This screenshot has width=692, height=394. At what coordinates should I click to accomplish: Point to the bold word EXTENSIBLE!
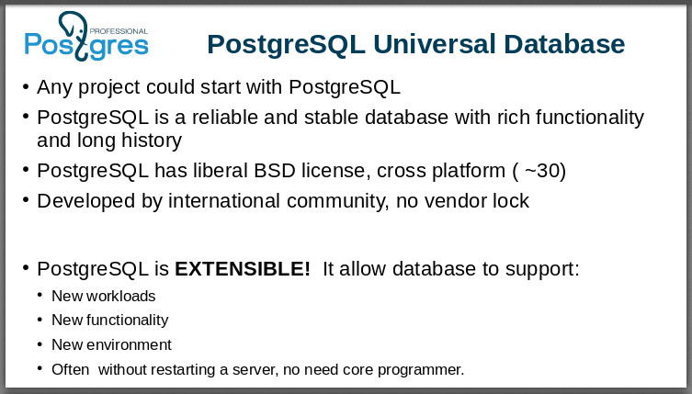pos(243,269)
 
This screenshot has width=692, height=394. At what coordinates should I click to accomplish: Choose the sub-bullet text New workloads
pos(104,296)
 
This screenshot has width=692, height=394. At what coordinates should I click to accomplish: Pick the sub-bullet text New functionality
pos(110,321)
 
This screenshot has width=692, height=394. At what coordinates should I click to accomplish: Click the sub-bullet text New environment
pos(111,345)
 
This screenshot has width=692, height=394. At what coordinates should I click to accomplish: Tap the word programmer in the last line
pos(424,370)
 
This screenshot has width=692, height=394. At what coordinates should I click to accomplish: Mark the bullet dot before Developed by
pos(26,200)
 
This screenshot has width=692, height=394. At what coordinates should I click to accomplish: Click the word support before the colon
pos(540,269)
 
